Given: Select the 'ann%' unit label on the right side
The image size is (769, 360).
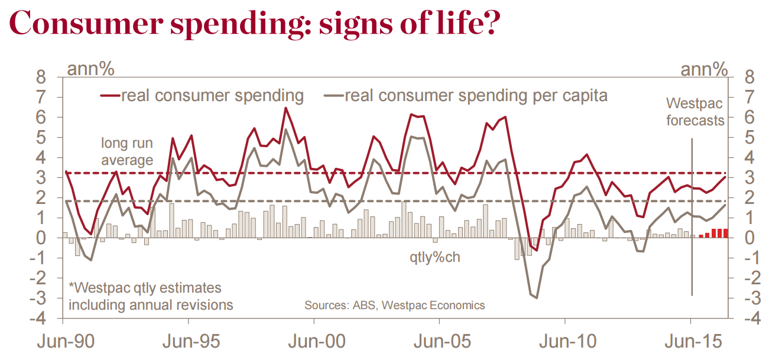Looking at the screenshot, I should (704, 69).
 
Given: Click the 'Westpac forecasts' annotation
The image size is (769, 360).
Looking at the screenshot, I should (695, 112).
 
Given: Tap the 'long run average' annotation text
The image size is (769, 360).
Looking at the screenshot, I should (126, 151).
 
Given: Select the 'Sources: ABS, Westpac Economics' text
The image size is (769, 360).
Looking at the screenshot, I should (394, 306).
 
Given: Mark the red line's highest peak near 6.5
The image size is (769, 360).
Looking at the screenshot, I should (286, 108).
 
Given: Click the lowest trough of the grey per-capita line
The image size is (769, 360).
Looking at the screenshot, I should (537, 298).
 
